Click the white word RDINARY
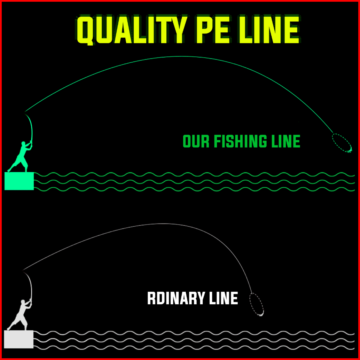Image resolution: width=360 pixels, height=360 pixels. (x=176, y=299)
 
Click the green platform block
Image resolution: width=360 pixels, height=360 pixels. (x=19, y=181)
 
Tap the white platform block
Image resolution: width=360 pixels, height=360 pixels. (x=19, y=339)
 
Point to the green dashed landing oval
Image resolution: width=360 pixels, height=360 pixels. (x=342, y=143)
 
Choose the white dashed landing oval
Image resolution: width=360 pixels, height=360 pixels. (x=257, y=304)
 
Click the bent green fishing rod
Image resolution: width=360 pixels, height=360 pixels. (x=31, y=125)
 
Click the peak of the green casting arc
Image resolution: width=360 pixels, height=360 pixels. (x=181, y=56)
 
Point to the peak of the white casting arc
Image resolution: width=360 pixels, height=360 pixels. (x=162, y=224)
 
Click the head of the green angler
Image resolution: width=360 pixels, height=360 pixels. (x=24, y=143)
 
